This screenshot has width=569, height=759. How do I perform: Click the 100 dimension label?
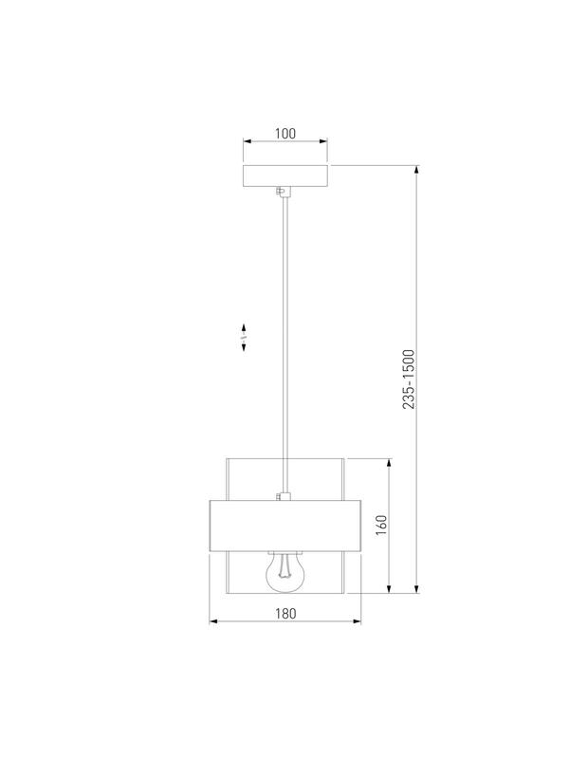pyautogui.click(x=285, y=133)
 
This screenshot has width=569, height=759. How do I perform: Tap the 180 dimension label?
pyautogui.click(x=285, y=613)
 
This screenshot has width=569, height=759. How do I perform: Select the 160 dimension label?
pyautogui.click(x=381, y=526)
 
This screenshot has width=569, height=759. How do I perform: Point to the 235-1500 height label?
pyautogui.click(x=409, y=379)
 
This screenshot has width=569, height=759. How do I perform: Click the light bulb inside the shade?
pyautogui.click(x=285, y=573)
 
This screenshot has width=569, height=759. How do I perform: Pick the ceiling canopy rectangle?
pyautogui.click(x=285, y=176)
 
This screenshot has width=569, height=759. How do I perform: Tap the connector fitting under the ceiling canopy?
pyautogui.click(x=283, y=192)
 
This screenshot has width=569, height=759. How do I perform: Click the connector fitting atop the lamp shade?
pyautogui.click(x=283, y=496)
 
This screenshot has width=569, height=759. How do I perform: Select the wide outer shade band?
pyautogui.click(x=285, y=526)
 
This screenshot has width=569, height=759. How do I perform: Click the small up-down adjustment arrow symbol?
pyautogui.click(x=244, y=338)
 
